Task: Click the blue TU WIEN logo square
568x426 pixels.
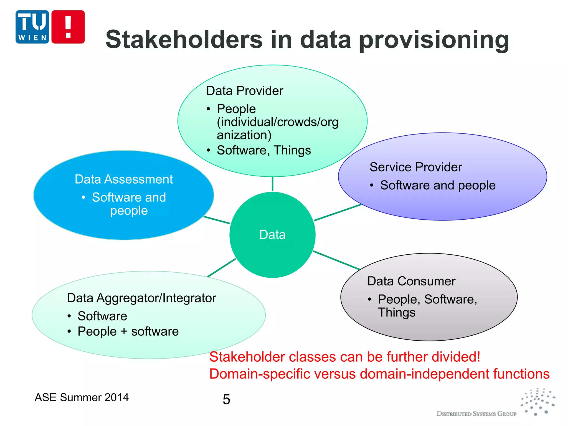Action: click(x=32, y=27)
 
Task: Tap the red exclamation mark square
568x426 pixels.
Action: click(x=68, y=27)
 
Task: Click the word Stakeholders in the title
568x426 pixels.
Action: click(x=184, y=39)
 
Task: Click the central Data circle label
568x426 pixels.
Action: click(x=272, y=235)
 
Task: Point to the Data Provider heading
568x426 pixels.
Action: click(x=245, y=91)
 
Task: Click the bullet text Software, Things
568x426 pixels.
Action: click(x=264, y=150)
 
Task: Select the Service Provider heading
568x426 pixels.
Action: click(x=415, y=167)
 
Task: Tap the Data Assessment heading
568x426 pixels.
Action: click(x=124, y=179)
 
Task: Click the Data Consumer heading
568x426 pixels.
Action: click(x=411, y=281)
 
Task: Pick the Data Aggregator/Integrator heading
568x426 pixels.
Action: click(x=141, y=298)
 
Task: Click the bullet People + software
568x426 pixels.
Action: click(x=128, y=331)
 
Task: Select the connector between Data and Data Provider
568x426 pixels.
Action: click(x=272, y=184)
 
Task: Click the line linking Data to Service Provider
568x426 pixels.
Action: click(x=338, y=212)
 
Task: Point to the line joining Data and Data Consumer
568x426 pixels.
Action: click(x=336, y=260)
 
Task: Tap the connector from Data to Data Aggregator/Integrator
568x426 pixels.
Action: click(x=221, y=268)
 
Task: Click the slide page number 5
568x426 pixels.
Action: click(x=226, y=399)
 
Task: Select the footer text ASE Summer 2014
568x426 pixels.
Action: click(x=82, y=397)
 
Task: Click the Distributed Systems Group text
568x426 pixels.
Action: click(x=476, y=414)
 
